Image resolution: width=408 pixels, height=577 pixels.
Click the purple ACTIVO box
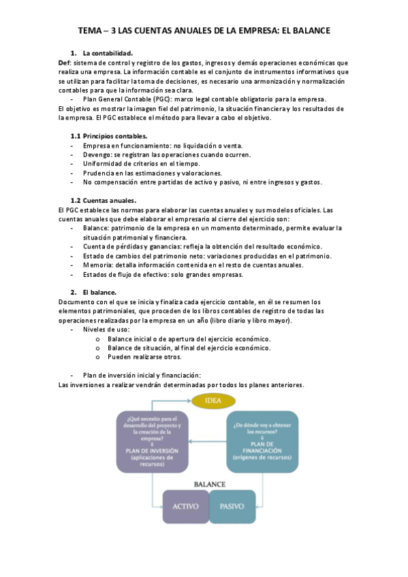185,507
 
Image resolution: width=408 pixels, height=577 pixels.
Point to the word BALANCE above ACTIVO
209,484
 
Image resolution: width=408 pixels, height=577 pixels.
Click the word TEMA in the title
89,31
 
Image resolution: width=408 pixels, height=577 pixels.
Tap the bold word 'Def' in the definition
65,63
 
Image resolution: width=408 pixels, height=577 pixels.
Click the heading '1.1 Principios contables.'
108,136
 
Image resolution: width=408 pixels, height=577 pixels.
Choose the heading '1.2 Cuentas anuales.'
104,200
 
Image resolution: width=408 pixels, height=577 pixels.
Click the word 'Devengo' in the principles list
97,154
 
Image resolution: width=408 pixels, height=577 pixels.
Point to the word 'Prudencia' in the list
99,173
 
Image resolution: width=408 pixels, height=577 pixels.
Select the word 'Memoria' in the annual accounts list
98,265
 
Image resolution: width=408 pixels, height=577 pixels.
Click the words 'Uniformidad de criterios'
122,164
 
